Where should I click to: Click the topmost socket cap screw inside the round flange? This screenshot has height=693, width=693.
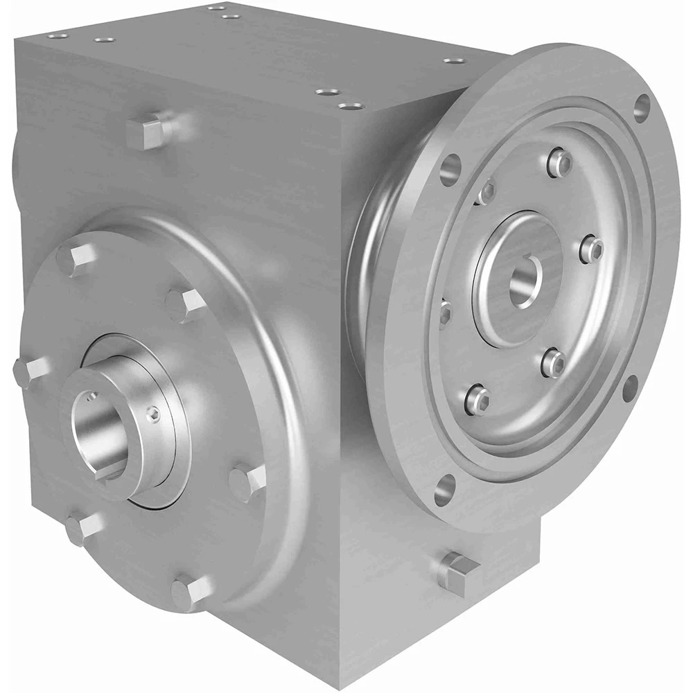pyautogui.click(x=560, y=162)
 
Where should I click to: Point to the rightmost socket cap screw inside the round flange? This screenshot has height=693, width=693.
pyautogui.click(x=591, y=248)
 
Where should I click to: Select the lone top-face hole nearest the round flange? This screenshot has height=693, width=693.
pyautogui.click(x=453, y=61)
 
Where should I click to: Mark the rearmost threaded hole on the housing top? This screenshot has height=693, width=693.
pyautogui.click(x=212, y=8)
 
